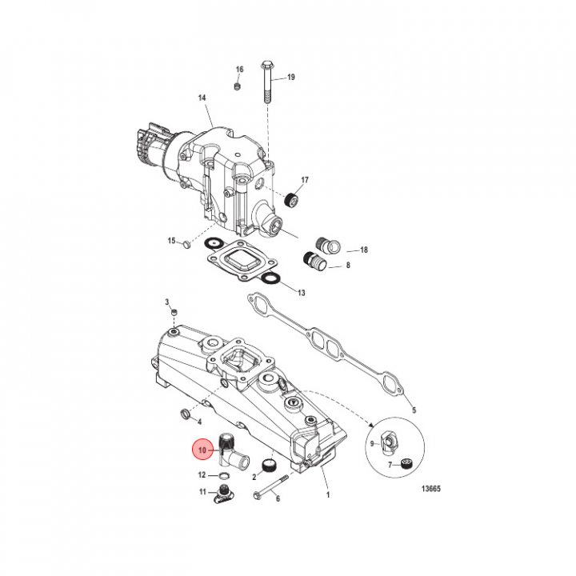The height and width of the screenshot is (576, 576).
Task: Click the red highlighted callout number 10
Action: click(202, 450)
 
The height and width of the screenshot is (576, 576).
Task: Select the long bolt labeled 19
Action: click(266, 82)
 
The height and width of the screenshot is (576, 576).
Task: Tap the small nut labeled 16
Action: click(238, 86)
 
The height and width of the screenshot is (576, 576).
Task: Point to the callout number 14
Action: click(202, 98)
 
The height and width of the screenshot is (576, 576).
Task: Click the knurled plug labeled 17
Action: click(293, 200)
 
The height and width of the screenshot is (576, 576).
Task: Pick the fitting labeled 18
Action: click(329, 245)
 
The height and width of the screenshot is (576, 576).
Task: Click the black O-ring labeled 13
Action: click(272, 278)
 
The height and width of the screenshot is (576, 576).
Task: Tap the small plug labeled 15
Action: click(186, 244)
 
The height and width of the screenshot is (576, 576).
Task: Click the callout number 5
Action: click(414, 410)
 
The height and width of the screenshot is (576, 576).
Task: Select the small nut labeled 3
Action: click(174, 313)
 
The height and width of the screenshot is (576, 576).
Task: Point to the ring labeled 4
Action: click(186, 413)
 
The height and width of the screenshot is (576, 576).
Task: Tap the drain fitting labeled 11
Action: click(224, 494)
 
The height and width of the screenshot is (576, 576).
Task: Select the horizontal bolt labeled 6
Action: click(272, 486)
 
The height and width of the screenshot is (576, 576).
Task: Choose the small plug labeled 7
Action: click(406, 463)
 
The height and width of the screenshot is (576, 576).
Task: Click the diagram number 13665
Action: click(430, 489)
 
